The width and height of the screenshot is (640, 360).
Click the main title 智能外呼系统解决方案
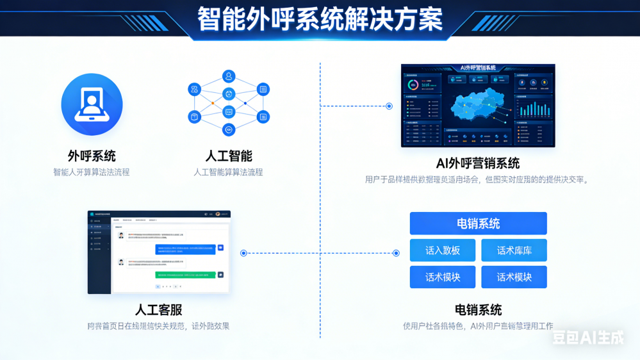[320, 19]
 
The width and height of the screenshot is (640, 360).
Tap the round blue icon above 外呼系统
[92, 104]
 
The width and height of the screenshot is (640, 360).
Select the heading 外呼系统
[92, 156]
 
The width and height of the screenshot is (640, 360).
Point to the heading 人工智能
[229, 156]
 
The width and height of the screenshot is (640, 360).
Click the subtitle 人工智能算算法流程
[228, 172]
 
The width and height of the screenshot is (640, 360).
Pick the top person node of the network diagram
[229, 76]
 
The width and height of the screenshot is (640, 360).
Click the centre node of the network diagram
[229, 95]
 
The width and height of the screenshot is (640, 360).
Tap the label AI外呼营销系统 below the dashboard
[477, 163]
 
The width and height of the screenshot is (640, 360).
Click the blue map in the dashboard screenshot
[477, 106]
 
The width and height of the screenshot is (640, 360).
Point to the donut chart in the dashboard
[414, 85]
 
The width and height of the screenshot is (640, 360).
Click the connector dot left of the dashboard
[389, 106]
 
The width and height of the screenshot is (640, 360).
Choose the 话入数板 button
[443, 250]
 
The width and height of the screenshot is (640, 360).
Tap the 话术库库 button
[514, 250]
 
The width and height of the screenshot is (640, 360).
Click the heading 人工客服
[158, 310]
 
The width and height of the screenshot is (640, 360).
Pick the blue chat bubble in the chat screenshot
[186, 249]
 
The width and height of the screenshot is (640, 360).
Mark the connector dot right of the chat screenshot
[243, 253]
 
